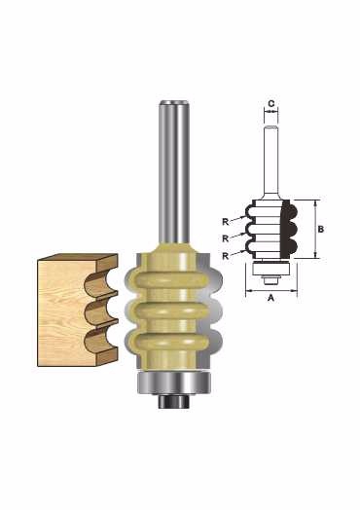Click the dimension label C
coord(271,104)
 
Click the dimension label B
coord(321,230)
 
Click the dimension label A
coord(270,297)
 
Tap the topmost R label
coord(226,222)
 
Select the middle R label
coord(226,238)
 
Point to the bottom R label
coord(226,256)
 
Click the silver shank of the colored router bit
coord(174,172)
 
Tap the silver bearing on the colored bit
coord(174,382)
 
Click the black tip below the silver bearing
coord(174,401)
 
